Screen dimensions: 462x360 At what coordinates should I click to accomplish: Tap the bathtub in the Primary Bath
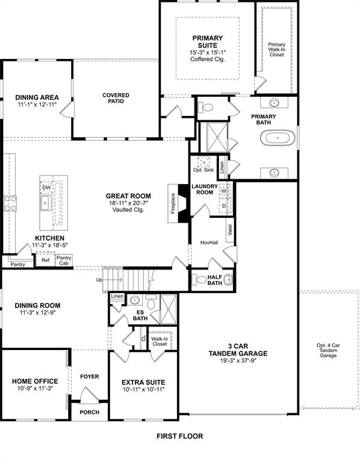278,138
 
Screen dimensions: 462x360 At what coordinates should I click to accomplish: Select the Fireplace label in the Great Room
173,203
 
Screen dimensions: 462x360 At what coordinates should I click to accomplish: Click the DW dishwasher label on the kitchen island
46,188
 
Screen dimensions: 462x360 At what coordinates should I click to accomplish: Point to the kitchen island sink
45,203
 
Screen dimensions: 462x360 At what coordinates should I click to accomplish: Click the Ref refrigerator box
46,260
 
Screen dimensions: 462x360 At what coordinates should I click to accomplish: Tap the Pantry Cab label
63,260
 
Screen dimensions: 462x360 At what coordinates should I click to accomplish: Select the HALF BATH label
215,280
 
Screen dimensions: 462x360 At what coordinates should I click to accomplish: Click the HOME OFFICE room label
35,381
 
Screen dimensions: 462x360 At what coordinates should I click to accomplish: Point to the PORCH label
89,413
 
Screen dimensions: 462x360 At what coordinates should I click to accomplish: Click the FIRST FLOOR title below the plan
180,436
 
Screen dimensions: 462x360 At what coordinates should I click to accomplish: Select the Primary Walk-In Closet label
277,49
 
